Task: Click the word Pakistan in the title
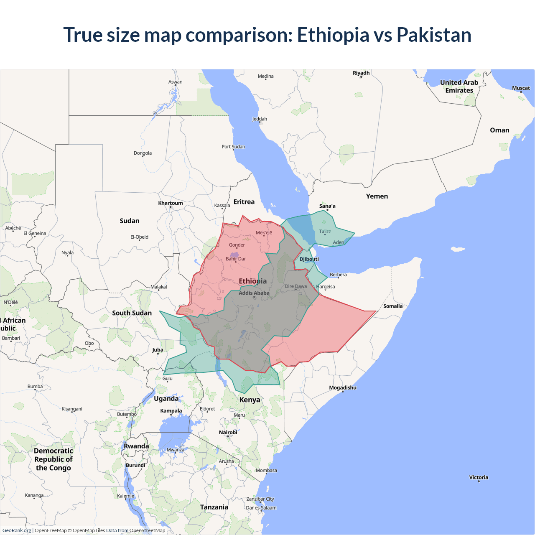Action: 434,35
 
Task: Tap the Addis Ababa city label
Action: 254,293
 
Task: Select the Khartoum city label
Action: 171,203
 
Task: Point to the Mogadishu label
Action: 343,388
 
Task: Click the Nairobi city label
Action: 228,433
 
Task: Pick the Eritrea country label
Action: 244,202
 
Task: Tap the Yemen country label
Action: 377,196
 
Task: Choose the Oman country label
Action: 499,130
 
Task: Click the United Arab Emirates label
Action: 459,87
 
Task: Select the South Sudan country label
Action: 132,313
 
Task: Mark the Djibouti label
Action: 309,259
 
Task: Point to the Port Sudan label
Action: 233,147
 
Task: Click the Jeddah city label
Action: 260,119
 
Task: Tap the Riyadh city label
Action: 361,73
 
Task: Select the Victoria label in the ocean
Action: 479,477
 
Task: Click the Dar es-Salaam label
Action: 261,508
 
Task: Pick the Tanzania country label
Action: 214,507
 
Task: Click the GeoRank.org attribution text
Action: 17,530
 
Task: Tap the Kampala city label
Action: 171,411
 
